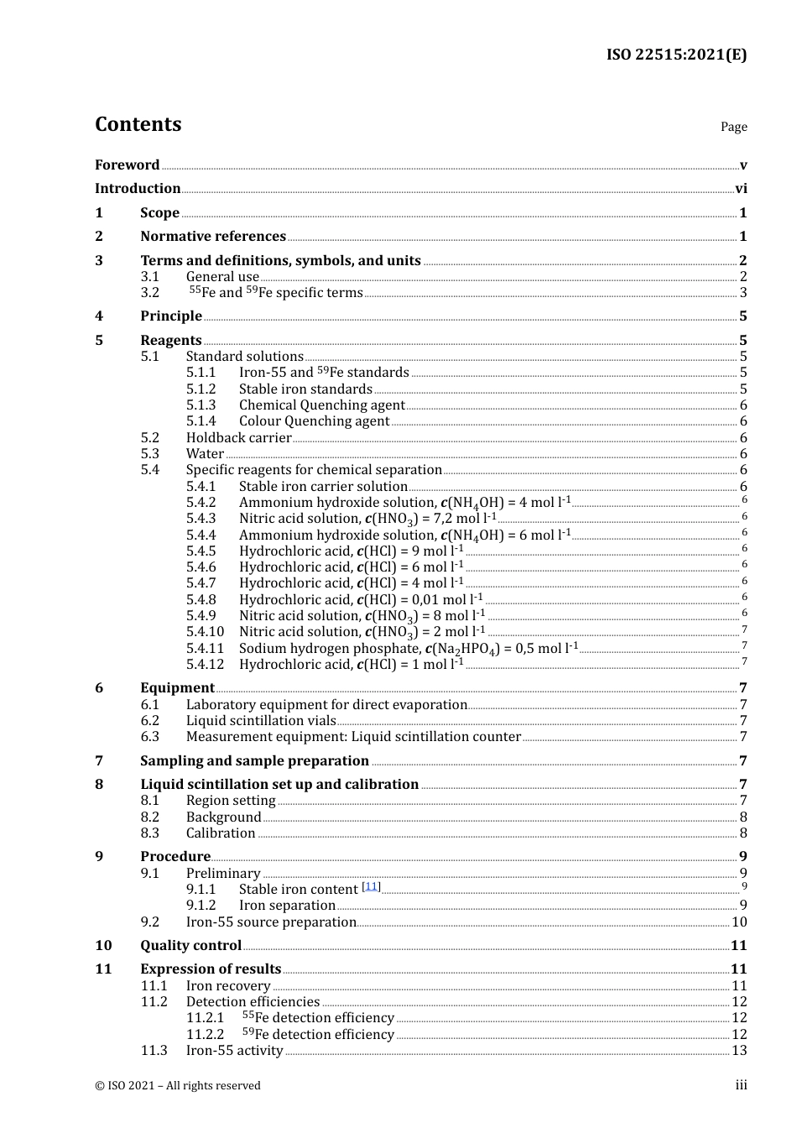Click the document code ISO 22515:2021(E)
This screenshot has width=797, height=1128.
click(x=676, y=55)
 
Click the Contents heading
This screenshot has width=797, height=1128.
click(x=138, y=124)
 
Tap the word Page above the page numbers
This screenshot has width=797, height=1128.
click(x=733, y=127)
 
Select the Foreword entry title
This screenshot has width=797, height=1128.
click(x=127, y=165)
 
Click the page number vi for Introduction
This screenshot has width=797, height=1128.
click(x=741, y=189)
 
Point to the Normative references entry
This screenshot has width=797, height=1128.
click(x=213, y=237)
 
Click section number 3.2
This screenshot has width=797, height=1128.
click(x=150, y=293)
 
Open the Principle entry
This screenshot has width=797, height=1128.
click(x=171, y=316)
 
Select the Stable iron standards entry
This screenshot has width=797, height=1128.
click(x=305, y=389)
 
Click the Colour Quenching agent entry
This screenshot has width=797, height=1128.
click(x=314, y=421)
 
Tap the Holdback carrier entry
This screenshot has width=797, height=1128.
click(x=238, y=438)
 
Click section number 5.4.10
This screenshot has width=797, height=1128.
click(x=205, y=632)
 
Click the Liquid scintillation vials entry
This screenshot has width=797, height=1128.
click(x=261, y=721)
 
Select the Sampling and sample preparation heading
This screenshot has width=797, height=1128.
click(x=254, y=761)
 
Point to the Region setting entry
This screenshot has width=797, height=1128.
click(x=231, y=801)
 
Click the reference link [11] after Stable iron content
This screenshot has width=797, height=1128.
click(x=371, y=887)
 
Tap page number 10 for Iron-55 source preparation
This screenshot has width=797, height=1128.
click(x=739, y=922)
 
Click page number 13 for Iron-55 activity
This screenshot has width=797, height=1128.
click(x=739, y=1051)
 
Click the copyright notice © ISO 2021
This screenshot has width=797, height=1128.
click(x=178, y=1086)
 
